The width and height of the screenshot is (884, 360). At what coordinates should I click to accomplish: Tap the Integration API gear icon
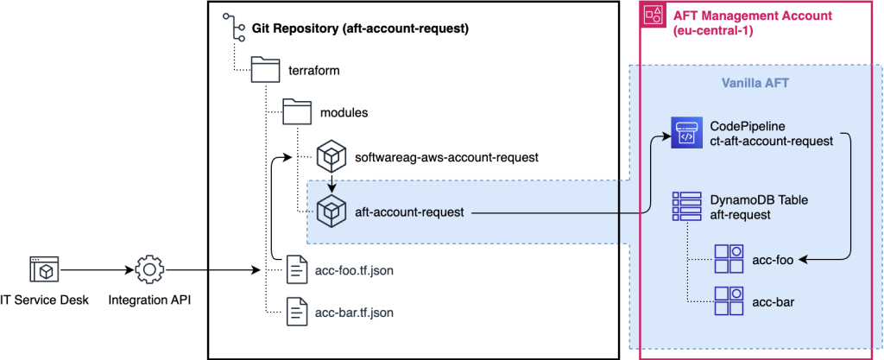pyautogui.click(x=149, y=270)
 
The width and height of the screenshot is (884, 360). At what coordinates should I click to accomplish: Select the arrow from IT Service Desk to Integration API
pyautogui.click(x=95, y=270)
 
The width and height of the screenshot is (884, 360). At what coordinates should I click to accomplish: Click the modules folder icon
pyautogui.click(x=298, y=113)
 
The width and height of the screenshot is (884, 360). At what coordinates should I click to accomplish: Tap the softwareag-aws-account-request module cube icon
pyautogui.click(x=331, y=157)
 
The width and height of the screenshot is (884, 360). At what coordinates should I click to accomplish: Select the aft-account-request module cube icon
pyautogui.click(x=331, y=211)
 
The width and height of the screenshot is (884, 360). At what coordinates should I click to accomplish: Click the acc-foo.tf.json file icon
pyautogui.click(x=297, y=270)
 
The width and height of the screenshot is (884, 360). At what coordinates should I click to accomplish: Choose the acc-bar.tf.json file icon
pyautogui.click(x=297, y=311)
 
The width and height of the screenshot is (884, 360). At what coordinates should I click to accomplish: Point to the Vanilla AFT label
pyautogui.click(x=755, y=84)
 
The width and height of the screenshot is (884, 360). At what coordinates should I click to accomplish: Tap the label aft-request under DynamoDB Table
pyautogui.click(x=740, y=214)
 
